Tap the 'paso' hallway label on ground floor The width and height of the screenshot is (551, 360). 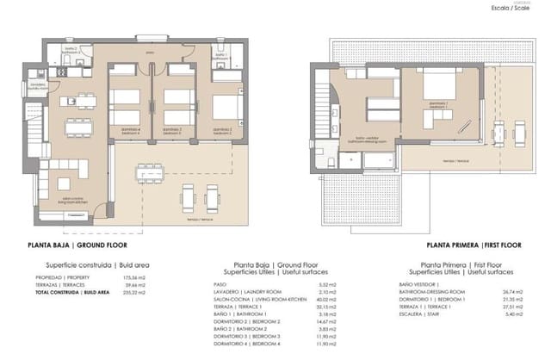pyautogui.click(x=150, y=52)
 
